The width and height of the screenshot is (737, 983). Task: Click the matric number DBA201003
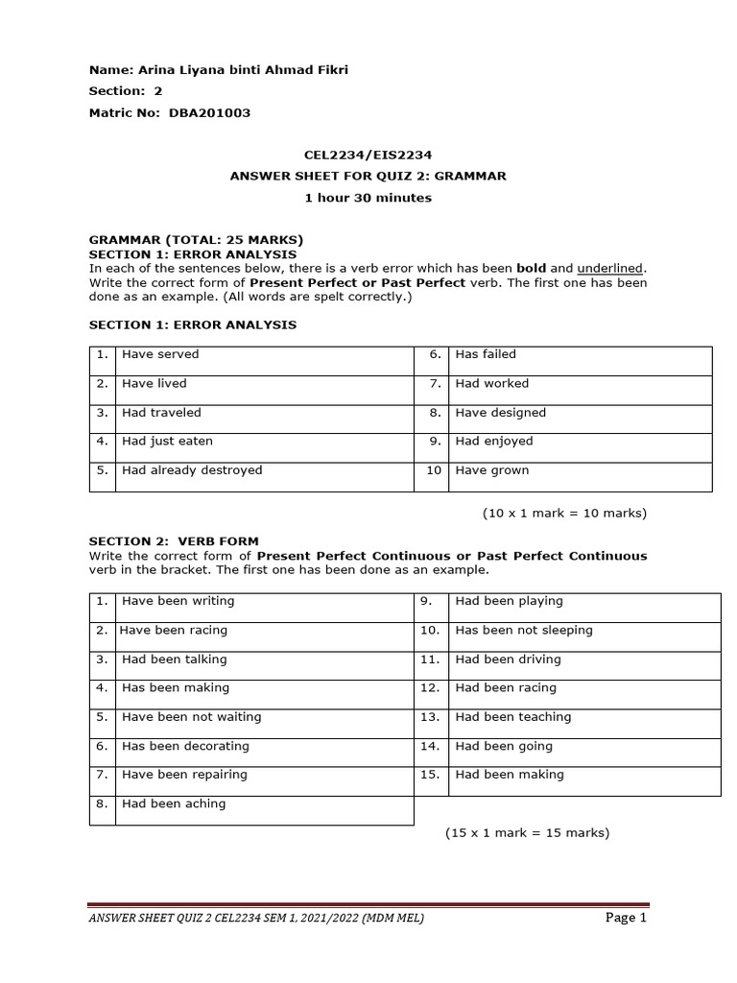[209, 112]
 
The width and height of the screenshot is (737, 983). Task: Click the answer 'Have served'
[160, 354]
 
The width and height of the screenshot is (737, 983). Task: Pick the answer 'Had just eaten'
[167, 442]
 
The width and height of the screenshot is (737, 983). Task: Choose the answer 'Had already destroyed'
[192, 470]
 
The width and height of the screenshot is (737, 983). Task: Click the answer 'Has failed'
[486, 354]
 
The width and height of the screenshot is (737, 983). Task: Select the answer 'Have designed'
[500, 413]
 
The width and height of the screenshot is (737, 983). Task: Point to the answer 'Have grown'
[492, 470]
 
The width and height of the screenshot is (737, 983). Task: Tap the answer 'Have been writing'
[178, 601]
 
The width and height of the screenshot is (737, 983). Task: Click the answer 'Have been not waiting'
[191, 717]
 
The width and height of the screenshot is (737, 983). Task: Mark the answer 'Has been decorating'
[185, 746]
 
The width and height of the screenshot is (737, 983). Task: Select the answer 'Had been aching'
[174, 803]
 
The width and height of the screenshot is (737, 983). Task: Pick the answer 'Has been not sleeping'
[524, 631]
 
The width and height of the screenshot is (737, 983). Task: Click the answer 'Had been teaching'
[513, 717]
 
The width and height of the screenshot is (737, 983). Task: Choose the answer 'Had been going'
[504, 746]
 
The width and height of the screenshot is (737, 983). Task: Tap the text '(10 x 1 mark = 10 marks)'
[564, 514]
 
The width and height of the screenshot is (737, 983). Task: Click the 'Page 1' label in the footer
[626, 918]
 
